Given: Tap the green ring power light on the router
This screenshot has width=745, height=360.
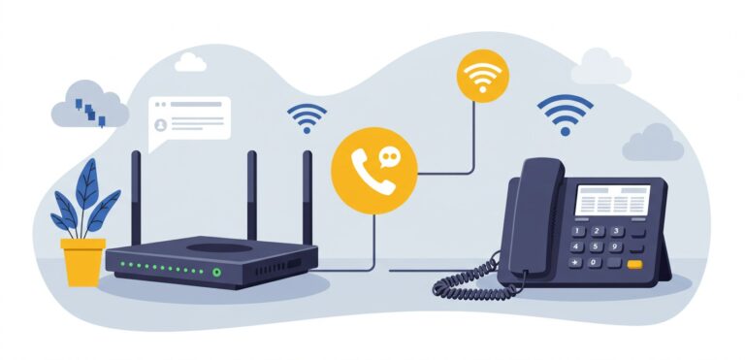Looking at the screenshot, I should pos(216,273).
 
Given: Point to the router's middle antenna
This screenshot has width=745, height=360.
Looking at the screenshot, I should pos(251,194).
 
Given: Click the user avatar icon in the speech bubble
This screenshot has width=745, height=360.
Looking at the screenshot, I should pos(161,125).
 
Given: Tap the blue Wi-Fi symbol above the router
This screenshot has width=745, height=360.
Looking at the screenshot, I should pos(306,116).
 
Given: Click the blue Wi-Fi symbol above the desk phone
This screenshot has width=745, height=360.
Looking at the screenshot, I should pos(565,115).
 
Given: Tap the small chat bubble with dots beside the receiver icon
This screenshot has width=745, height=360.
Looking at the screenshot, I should pos(390,155).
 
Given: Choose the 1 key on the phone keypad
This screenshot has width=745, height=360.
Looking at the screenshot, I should pos(580,231).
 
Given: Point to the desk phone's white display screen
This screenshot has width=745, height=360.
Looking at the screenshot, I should pos(612,201).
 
